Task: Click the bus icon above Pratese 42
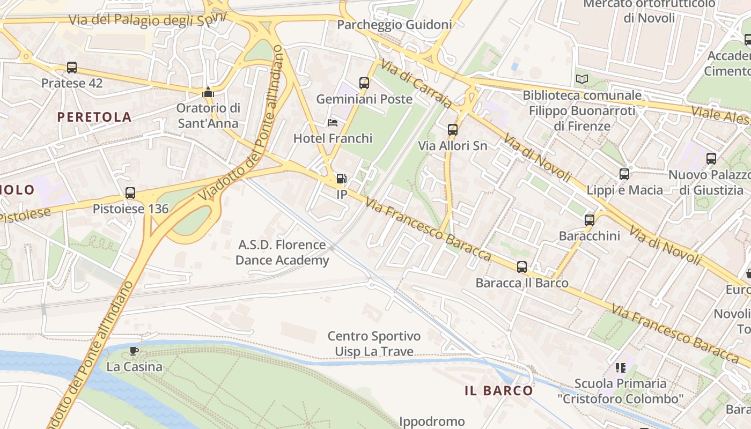click(72, 68)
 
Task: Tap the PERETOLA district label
click(94, 117)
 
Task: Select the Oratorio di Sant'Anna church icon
click(208, 93)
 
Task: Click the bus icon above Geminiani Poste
click(364, 83)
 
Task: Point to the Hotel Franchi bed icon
click(333, 123)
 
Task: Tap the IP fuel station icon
click(341, 179)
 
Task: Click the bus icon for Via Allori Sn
click(453, 130)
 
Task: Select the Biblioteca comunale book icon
click(582, 79)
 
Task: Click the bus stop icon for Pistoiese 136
click(130, 193)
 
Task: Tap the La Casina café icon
click(134, 351)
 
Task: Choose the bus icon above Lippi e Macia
click(624, 174)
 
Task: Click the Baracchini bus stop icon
click(590, 220)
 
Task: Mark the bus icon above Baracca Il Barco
click(522, 267)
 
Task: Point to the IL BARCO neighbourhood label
click(499, 390)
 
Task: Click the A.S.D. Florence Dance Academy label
click(282, 253)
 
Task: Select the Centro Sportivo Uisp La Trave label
click(374, 344)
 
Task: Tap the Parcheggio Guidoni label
click(394, 25)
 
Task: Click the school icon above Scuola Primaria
click(621, 368)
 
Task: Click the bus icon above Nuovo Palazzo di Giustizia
click(711, 159)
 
